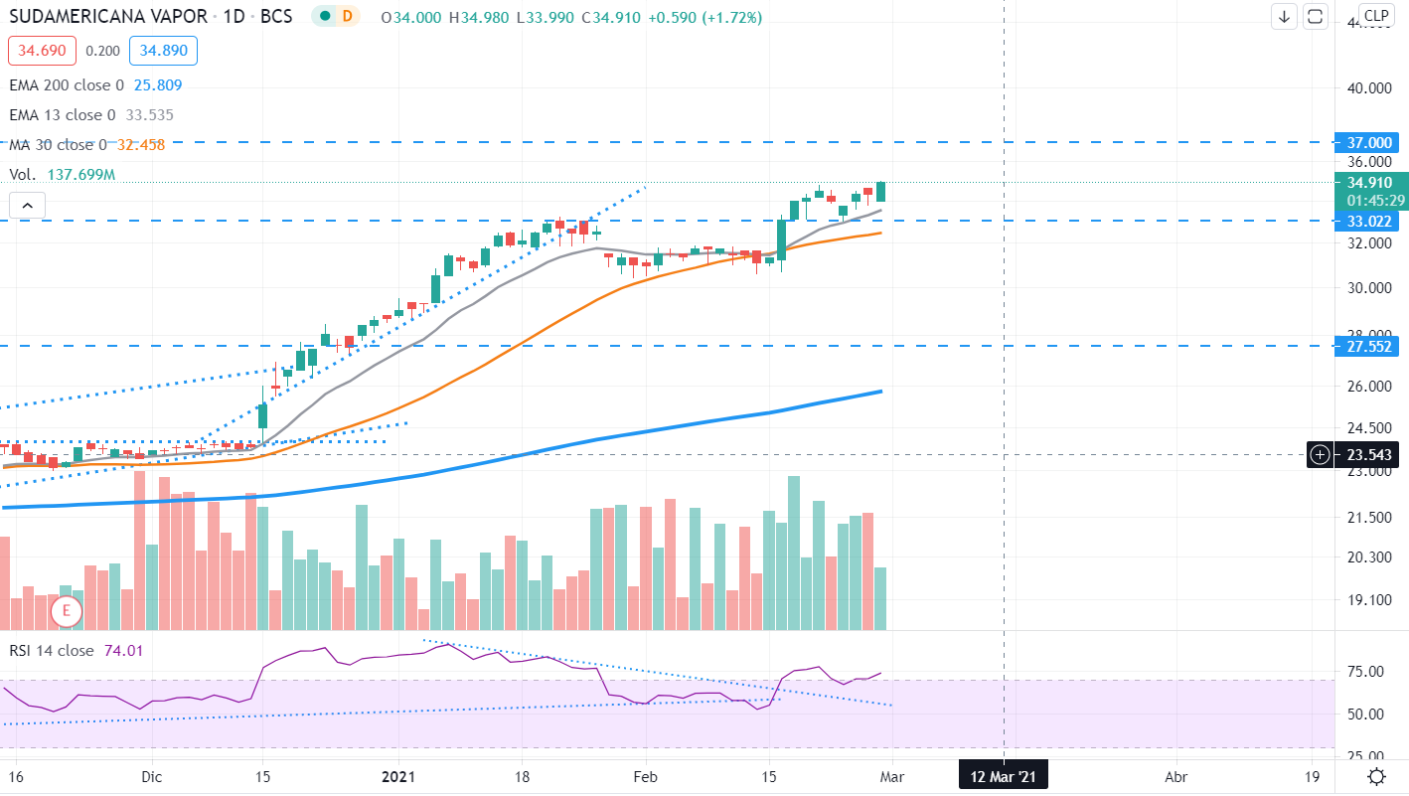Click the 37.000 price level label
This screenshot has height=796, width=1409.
pyautogui.click(x=1371, y=143)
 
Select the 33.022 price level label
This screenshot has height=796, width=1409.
pyautogui.click(x=1371, y=221)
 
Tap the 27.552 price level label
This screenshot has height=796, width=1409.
pyautogui.click(x=1371, y=346)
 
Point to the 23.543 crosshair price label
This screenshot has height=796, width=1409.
pyautogui.click(x=1370, y=455)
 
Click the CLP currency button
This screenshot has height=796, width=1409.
pyautogui.click(x=1376, y=16)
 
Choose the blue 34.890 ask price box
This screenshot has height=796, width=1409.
pyautogui.click(x=168, y=51)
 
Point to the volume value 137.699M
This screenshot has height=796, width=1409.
pyautogui.click(x=81, y=175)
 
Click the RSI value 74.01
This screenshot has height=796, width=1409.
pyautogui.click(x=124, y=651)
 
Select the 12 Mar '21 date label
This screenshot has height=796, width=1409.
pyautogui.click(x=1003, y=776)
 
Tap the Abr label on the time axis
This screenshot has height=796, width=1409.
pyautogui.click(x=1176, y=776)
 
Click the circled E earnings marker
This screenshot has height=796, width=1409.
pyautogui.click(x=67, y=610)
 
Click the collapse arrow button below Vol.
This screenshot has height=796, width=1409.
pyautogui.click(x=27, y=207)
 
